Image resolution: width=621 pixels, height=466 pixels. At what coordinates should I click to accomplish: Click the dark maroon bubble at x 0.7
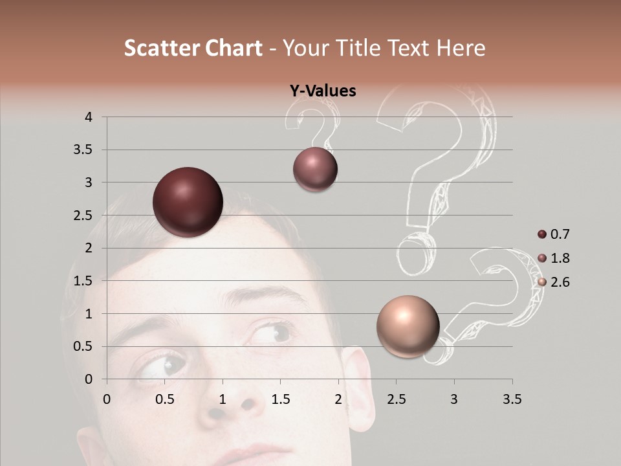click(x=188, y=202)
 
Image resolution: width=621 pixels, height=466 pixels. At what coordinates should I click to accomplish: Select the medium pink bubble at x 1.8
click(x=315, y=170)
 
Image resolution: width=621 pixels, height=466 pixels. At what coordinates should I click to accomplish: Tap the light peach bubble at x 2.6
click(x=408, y=327)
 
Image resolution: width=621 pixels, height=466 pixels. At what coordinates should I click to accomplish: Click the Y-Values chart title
click(x=322, y=91)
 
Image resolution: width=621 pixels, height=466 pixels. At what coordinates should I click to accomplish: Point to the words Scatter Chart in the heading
click(x=193, y=48)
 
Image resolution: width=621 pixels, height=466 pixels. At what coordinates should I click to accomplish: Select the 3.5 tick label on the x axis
click(x=512, y=399)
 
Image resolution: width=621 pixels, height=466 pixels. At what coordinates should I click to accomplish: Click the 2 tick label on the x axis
click(x=338, y=399)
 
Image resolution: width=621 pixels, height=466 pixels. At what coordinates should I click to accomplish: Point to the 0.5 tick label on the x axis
click(x=165, y=399)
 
